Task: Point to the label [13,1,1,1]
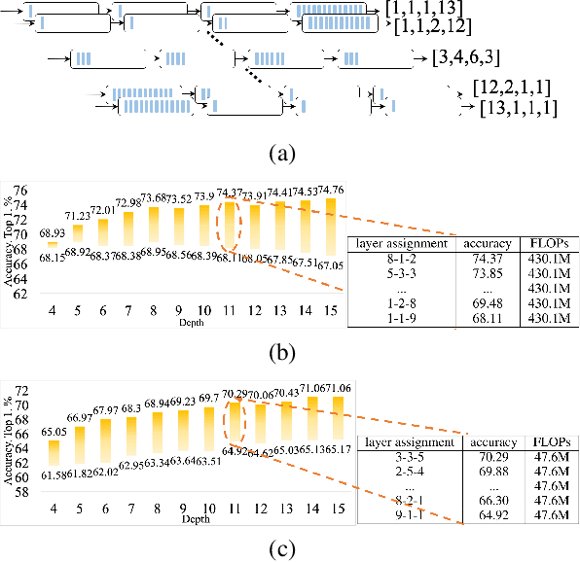pyautogui.click(x=518, y=108)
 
